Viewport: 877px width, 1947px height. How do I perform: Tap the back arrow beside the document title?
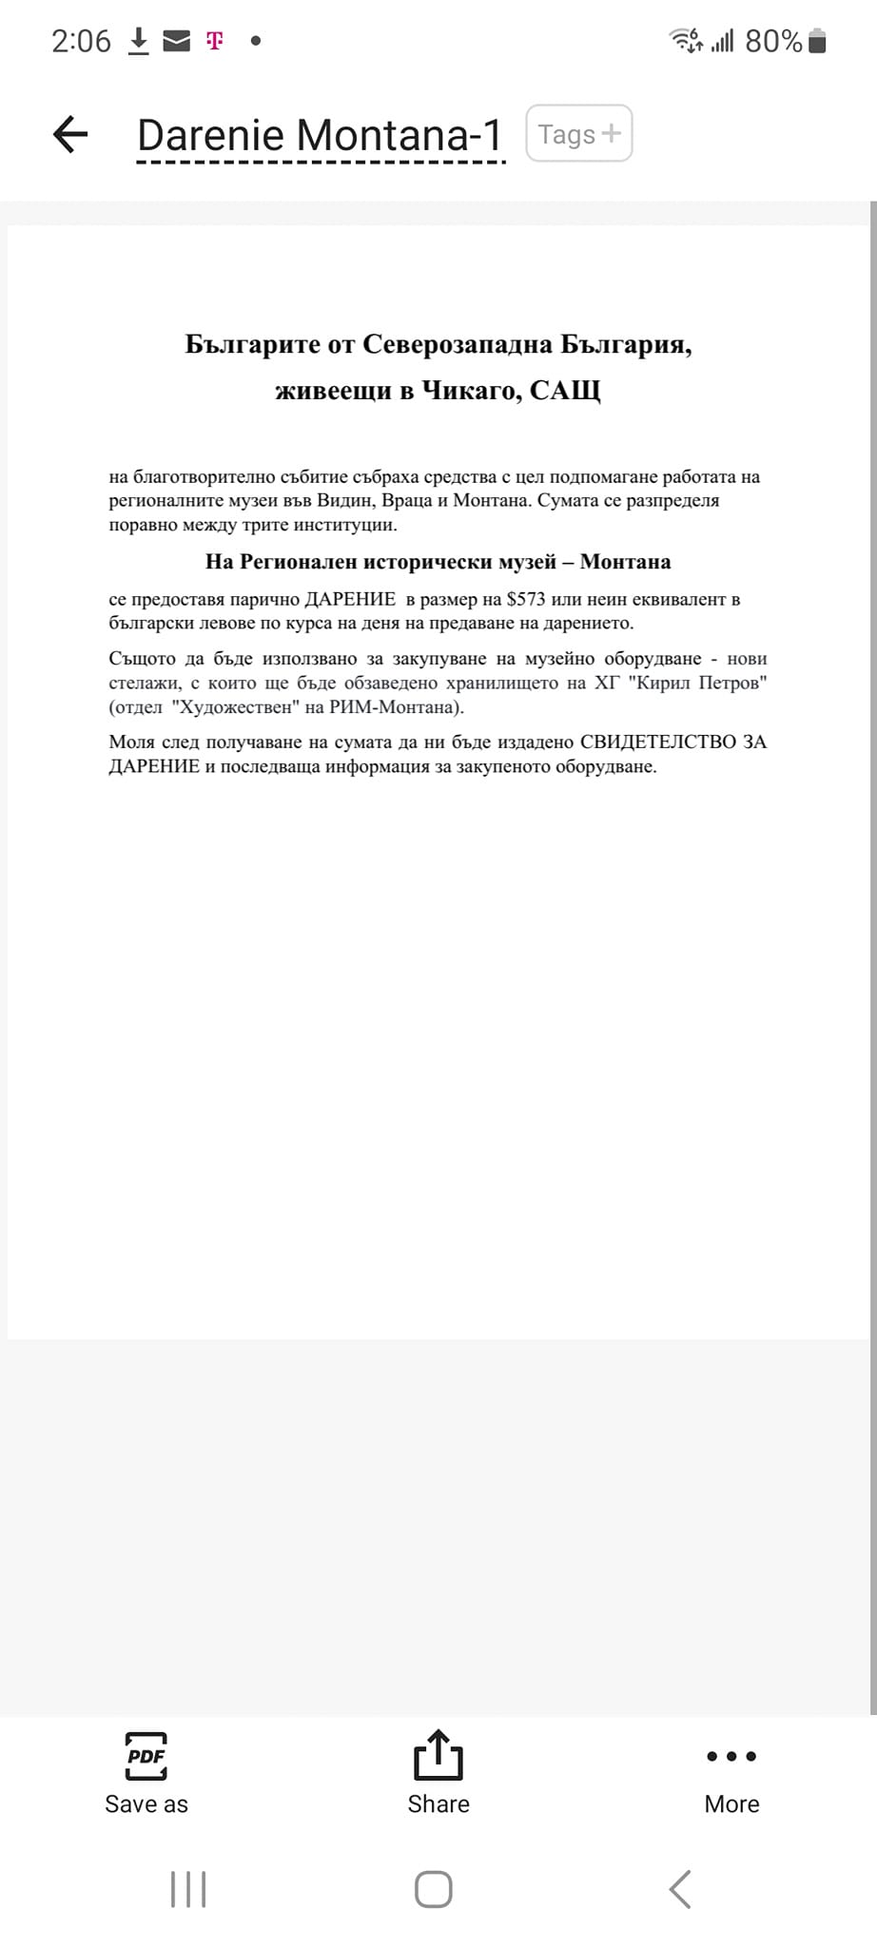tap(70, 134)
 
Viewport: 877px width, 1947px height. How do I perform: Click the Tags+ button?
tap(578, 134)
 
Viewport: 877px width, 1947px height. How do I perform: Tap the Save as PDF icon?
tap(146, 1756)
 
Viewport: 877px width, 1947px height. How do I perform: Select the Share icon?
tap(438, 1755)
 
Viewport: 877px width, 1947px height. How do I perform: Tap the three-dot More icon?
tap(731, 1756)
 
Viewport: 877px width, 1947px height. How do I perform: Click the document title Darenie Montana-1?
tap(320, 135)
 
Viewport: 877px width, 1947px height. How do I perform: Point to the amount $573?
tap(526, 600)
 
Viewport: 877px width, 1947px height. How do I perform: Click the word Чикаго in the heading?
tap(471, 391)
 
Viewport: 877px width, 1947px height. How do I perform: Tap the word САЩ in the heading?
tap(565, 391)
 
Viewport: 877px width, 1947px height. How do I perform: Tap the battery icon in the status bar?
tap(817, 42)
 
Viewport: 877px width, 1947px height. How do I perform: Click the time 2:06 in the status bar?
tap(81, 42)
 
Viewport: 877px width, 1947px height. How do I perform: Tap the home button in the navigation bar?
tap(434, 1889)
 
